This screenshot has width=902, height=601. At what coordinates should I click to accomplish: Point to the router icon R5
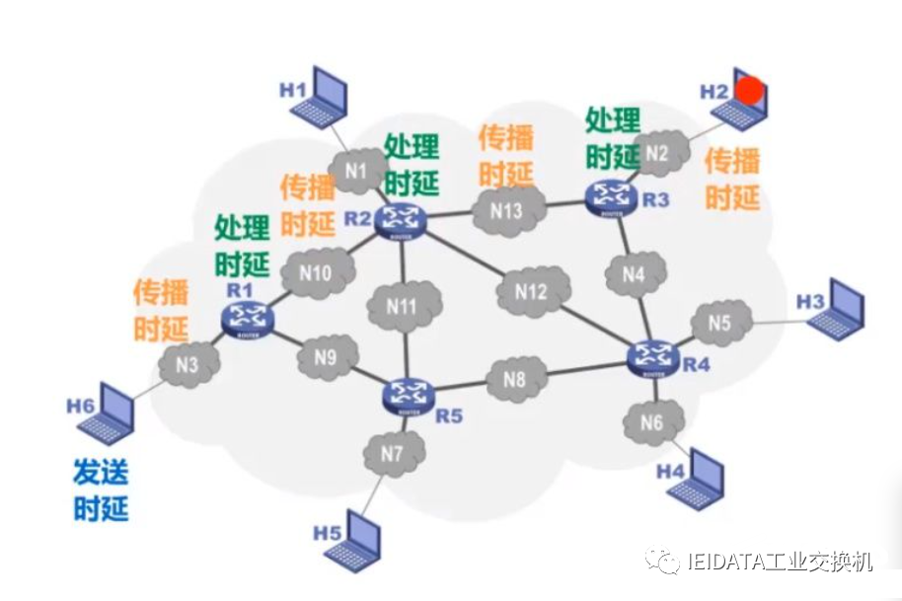point(408,394)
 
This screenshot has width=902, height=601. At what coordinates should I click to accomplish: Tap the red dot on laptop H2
point(751,91)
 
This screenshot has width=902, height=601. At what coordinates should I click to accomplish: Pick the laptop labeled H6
point(108,414)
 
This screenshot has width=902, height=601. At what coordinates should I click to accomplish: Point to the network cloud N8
point(514,378)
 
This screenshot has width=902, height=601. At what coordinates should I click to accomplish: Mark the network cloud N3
point(188,365)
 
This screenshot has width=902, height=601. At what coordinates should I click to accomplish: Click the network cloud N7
point(392,455)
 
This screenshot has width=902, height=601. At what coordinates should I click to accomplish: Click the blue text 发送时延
point(101,490)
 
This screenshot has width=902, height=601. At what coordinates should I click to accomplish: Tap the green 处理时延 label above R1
point(242,246)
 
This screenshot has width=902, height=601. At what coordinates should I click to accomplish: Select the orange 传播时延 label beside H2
point(732,178)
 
